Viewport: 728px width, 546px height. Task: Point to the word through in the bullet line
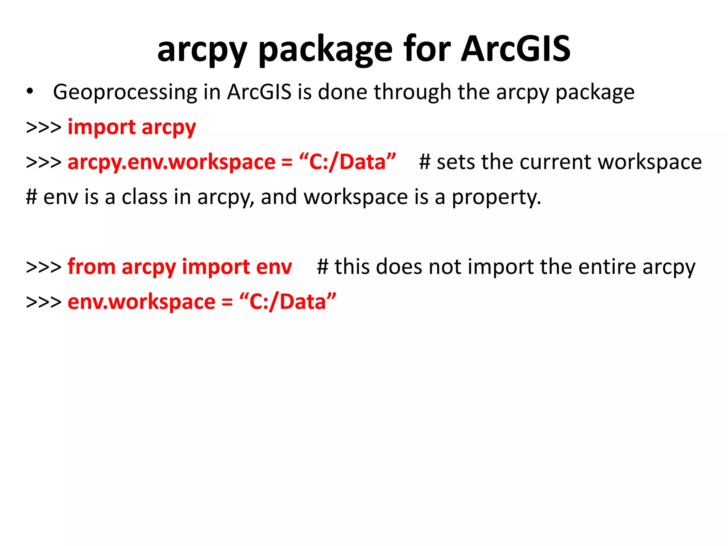(x=412, y=92)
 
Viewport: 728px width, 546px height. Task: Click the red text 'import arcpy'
(x=132, y=127)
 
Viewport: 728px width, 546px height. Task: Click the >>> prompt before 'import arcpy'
(x=43, y=127)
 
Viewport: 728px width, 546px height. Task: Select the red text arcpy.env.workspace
(x=171, y=162)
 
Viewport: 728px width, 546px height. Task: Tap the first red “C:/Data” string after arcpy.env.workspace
(x=347, y=162)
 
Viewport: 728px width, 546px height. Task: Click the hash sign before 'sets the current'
(x=425, y=162)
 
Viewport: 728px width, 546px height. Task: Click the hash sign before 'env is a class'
(x=32, y=197)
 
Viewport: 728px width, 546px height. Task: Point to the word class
(x=144, y=197)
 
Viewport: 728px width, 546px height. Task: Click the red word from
(x=91, y=267)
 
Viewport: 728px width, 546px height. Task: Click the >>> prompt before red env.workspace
(x=43, y=302)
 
